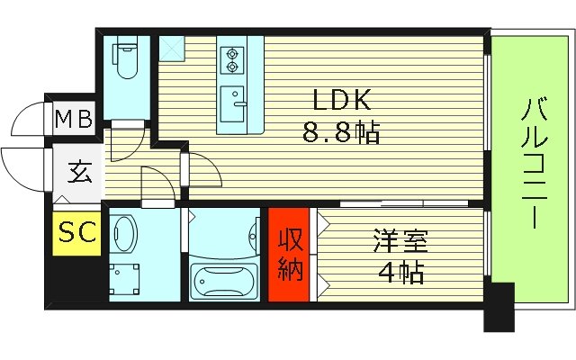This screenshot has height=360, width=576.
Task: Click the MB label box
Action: click(74, 118)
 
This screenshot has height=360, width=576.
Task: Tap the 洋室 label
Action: click(400, 240)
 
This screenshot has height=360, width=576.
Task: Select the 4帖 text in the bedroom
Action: click(400, 270)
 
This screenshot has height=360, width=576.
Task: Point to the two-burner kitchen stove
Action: click(232, 58)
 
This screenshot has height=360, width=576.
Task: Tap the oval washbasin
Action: click(125, 235)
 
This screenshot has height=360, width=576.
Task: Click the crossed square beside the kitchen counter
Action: click(171, 48)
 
